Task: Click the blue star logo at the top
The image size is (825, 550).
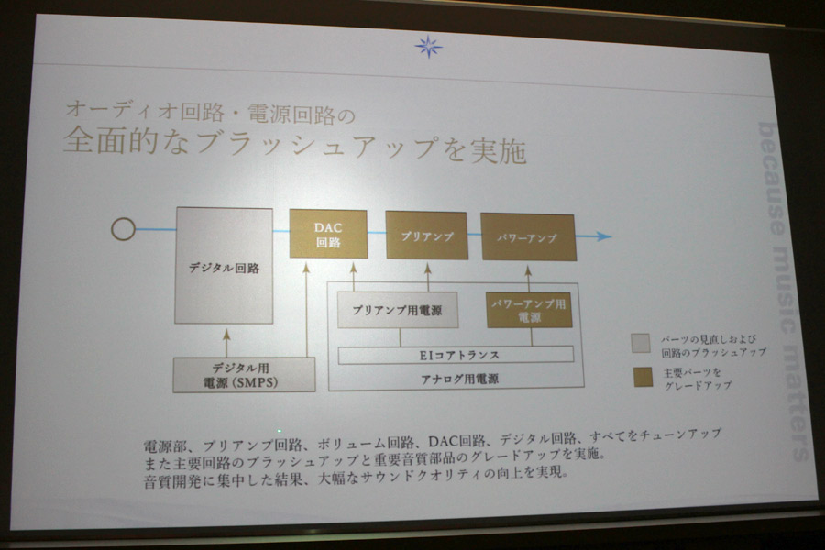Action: coord(428,47)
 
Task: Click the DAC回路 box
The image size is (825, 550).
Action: coord(328,235)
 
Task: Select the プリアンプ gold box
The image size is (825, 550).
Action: coord(426,236)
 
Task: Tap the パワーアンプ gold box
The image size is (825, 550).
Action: coord(528,237)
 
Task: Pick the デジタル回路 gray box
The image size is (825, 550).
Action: coord(225,266)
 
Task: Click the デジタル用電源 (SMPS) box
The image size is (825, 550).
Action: coord(244,375)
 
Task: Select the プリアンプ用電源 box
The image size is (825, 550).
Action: coord(397,311)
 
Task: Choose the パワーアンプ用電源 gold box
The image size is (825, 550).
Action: coord(529,311)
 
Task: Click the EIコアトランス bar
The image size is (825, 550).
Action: coord(456,355)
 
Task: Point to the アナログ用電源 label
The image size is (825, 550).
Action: coord(459,379)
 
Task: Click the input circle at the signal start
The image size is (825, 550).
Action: coord(123,229)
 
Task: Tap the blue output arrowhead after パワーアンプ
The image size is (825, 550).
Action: coord(604,236)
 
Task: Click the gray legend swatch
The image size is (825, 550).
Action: coord(641,343)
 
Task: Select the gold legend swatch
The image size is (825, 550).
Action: coord(643,378)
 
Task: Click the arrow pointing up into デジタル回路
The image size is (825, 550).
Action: coord(226,343)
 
